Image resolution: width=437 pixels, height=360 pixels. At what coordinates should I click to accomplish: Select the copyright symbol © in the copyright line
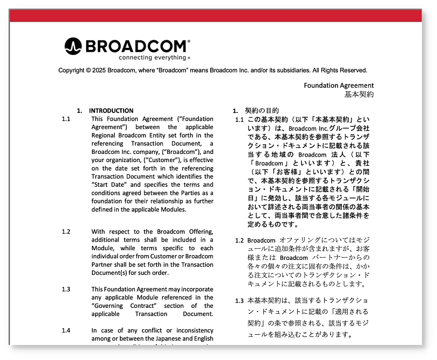pyautogui.click(x=88, y=70)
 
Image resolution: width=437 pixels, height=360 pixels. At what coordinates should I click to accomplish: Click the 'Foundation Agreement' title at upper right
pyautogui.click(x=339, y=86)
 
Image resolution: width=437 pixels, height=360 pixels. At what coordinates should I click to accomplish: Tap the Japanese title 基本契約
pyautogui.click(x=359, y=94)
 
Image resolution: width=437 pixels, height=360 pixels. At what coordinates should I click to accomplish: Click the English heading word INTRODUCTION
pyautogui.click(x=111, y=111)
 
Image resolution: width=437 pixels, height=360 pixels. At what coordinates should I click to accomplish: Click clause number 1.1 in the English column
pyautogui.click(x=66, y=119)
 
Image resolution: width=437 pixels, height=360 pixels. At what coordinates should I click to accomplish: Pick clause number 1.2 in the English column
pyautogui.click(x=66, y=231)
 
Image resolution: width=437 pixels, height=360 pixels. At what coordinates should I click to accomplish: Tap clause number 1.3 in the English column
pyautogui.click(x=66, y=289)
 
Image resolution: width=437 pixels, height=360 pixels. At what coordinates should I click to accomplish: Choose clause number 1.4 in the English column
pyautogui.click(x=66, y=330)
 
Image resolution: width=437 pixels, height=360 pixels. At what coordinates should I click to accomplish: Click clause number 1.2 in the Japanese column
pyautogui.click(x=239, y=240)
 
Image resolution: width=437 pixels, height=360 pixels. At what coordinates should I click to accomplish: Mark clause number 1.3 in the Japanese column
pyautogui.click(x=239, y=300)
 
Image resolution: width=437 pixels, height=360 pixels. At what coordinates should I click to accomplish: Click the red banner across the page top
pyautogui.click(x=216, y=16)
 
